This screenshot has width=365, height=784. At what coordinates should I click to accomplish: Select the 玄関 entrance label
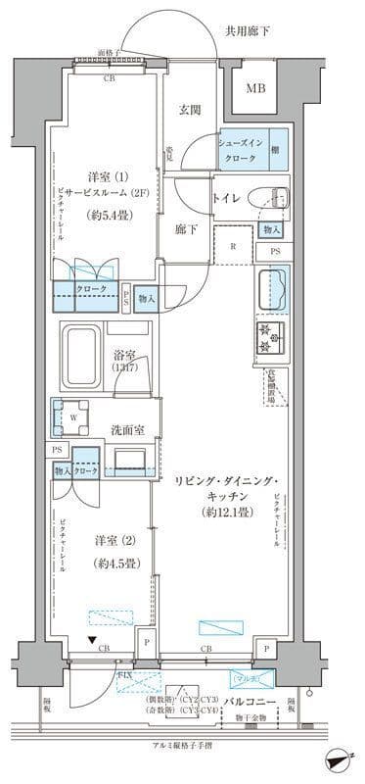click(190, 110)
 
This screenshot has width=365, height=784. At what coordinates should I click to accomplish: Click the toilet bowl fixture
click(267, 195)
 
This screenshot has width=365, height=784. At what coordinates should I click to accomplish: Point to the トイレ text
click(226, 197)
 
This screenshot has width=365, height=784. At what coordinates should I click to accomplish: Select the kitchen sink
click(272, 290)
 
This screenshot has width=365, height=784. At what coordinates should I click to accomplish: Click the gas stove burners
click(271, 336)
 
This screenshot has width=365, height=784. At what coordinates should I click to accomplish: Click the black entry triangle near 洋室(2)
click(91, 642)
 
